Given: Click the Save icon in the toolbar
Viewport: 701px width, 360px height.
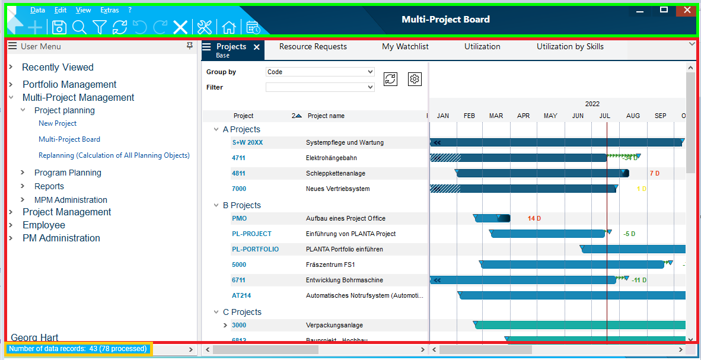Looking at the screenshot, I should pyautogui.click(x=59, y=27).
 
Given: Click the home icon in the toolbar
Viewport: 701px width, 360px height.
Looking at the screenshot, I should pyautogui.click(x=228, y=27).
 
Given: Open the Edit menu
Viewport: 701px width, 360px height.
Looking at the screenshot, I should pyautogui.click(x=60, y=10).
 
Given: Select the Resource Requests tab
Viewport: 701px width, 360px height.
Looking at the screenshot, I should pyautogui.click(x=313, y=46).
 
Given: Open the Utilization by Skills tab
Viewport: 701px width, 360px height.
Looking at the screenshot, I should pyautogui.click(x=570, y=46).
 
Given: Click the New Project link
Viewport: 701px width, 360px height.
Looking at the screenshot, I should pyautogui.click(x=58, y=123).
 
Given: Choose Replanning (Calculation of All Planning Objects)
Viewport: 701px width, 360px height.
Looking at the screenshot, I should pyautogui.click(x=114, y=155).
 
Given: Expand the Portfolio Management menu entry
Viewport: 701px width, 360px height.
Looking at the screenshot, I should pyautogui.click(x=69, y=84).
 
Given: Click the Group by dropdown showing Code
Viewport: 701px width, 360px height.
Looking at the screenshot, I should pyautogui.click(x=320, y=72).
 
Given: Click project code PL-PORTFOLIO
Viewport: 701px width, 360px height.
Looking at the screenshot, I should pyautogui.click(x=255, y=249).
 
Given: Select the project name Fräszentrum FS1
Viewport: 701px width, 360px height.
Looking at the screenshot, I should pyautogui.click(x=330, y=265).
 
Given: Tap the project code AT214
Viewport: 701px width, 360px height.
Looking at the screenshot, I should pyautogui.click(x=241, y=295).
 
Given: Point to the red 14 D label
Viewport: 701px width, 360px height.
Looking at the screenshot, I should pyautogui.click(x=534, y=218).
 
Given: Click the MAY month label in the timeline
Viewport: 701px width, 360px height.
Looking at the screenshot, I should pyautogui.click(x=550, y=116).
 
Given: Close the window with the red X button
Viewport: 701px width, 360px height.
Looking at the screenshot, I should pyautogui.click(x=687, y=10).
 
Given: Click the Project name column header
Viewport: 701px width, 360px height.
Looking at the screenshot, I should pyautogui.click(x=326, y=116).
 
